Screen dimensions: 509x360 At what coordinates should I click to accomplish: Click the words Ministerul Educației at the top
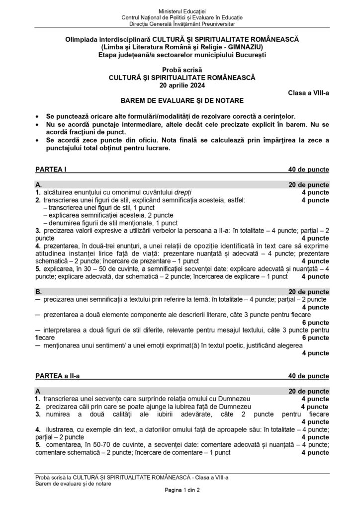[x=180, y=11]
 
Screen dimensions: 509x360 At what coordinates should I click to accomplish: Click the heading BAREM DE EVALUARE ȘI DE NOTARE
[x=180, y=100]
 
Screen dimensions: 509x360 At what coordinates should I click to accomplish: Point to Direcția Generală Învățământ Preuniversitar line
[x=180, y=24]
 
